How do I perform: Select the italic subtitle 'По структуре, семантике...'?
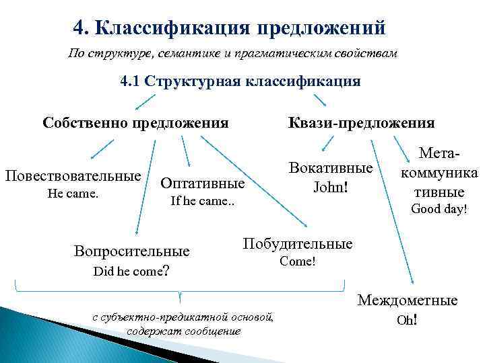tap(233, 53)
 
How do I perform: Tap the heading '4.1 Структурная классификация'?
tap(240, 81)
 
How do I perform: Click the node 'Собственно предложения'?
tap(135, 122)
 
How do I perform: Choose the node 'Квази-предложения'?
tap(361, 122)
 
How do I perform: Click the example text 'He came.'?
tap(73, 194)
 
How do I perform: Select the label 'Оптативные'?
tap(201, 183)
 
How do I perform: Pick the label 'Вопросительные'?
tap(131, 252)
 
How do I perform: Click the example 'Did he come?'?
tap(131, 271)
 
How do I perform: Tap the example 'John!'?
tap(330, 186)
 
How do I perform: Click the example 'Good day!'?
tap(439, 209)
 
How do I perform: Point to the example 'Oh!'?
tap(407, 320)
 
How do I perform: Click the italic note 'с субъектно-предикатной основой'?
tap(183, 317)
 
